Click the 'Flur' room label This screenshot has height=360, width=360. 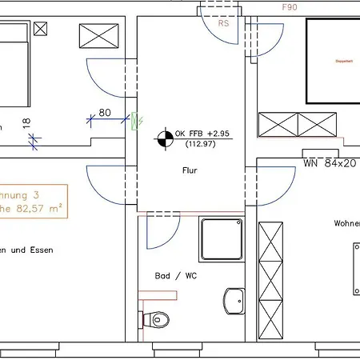(x=188, y=170)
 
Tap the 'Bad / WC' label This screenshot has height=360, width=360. (x=175, y=275)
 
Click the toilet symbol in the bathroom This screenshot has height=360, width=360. (x=155, y=320)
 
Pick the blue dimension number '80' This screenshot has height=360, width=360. (x=104, y=114)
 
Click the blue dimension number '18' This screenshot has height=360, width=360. (x=26, y=124)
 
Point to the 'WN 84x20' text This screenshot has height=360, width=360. (x=329, y=163)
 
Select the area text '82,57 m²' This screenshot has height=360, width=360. (x=35, y=209)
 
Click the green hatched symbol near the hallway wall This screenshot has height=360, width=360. (x=134, y=120)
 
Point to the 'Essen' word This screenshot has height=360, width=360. (x=40, y=250)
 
